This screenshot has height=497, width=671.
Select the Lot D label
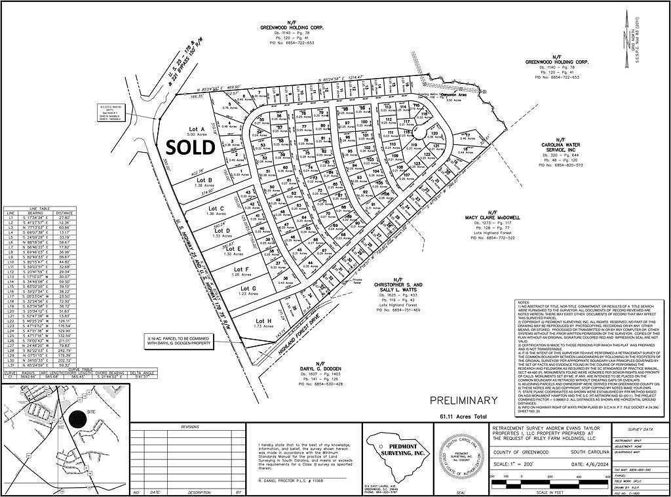[x=223, y=230]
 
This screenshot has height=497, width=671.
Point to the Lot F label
[x=242, y=269]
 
